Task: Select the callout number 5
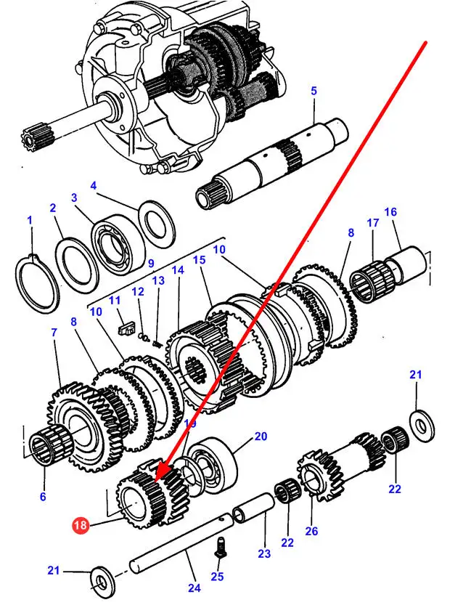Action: [314, 91]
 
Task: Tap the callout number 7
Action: [53, 332]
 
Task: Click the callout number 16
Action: [390, 212]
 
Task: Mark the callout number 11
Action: [114, 300]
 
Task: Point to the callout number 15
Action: [200, 259]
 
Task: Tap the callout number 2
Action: [53, 209]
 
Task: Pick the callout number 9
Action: [151, 264]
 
